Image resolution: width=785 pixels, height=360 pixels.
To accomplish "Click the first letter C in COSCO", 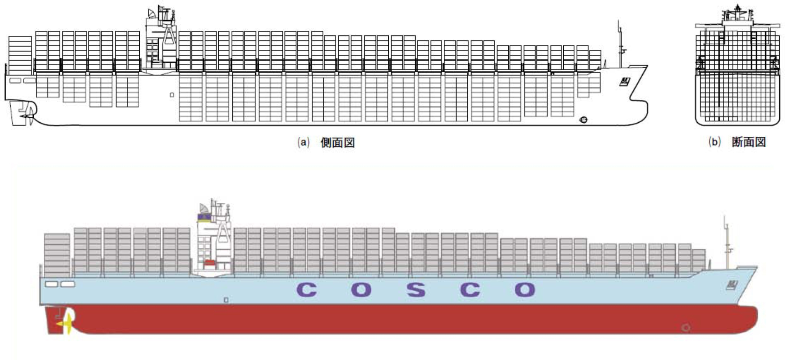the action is coord(307,290).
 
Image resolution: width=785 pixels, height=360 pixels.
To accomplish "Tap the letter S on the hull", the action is coord(416,290).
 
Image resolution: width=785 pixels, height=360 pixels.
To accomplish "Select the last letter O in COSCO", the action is coord(525,290).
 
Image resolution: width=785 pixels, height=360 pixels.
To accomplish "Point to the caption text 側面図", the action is coord(337,143).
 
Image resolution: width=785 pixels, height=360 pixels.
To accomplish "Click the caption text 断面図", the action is coord(749,142).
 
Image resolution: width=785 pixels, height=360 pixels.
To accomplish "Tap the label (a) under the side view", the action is coord(304,143).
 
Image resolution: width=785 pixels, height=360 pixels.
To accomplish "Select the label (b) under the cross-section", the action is coord(715,142).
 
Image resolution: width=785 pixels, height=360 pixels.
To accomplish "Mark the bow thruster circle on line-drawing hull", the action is coord(583,120).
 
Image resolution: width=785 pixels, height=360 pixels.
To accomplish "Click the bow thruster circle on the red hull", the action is coord(686,327).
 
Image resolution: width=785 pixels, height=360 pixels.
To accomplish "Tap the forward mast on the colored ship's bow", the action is coord(727,243).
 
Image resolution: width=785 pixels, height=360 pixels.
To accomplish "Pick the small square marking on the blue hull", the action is coord(226,300).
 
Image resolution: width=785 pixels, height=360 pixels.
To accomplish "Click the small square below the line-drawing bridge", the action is coord(172,95).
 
